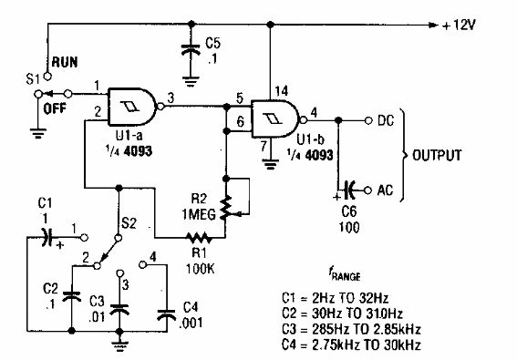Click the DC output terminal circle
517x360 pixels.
[x=366, y=119]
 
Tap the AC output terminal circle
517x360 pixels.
[x=366, y=190]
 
